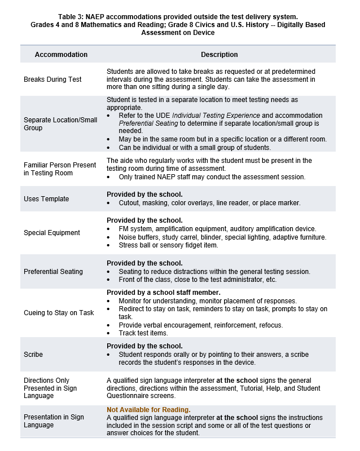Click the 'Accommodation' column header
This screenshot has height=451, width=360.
point(61,55)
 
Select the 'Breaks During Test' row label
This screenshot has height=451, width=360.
point(52,79)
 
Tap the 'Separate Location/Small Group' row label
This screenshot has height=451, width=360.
point(60,124)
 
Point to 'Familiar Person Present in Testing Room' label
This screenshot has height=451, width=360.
point(60,169)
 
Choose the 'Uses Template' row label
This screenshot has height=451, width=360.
point(46,199)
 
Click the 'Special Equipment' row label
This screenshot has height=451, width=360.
point(52,233)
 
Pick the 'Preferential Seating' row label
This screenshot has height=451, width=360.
point(53,272)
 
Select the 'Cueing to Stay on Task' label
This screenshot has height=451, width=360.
point(59,313)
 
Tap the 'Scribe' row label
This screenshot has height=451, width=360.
point(33,355)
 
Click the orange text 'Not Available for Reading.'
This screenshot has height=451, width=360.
point(148,410)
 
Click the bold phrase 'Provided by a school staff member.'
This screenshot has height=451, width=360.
point(163,293)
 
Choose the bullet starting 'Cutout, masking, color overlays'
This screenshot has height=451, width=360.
point(209,203)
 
